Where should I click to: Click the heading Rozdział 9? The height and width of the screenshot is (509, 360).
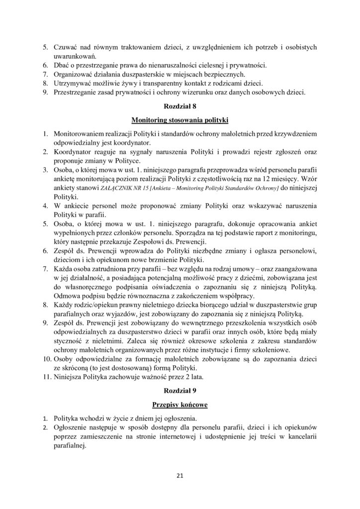(180, 391)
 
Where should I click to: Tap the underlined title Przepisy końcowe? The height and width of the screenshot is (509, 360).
(180, 405)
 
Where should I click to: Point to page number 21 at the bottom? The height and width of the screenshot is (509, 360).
(180, 476)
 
